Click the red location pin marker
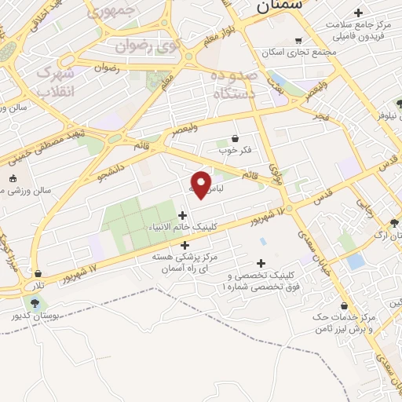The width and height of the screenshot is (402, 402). click(x=202, y=185)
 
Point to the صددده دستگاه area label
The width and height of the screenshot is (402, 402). click(x=235, y=84)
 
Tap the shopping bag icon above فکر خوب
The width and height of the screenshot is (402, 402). click(x=235, y=139)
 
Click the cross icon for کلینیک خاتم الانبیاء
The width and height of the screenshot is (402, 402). click(x=183, y=215)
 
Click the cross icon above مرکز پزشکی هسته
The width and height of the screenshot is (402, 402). click(x=185, y=245)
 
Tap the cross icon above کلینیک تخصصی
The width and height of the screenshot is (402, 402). click(x=261, y=263)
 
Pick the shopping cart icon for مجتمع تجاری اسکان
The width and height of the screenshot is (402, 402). click(x=298, y=41)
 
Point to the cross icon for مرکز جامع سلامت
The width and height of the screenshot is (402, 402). click(x=359, y=13)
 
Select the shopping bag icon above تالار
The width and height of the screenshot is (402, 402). click(x=38, y=274)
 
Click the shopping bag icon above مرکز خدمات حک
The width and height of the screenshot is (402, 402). click(x=345, y=305)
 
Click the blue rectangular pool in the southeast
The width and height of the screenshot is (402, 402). click(x=356, y=261)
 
